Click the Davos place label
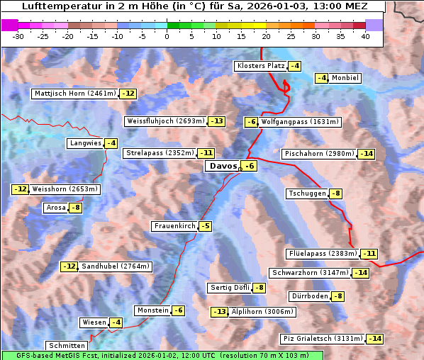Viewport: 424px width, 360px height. (x=223, y=167)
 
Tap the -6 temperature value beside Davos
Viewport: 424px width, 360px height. (x=248, y=167)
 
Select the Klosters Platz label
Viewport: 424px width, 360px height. (x=260, y=66)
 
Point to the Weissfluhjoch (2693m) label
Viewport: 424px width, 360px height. (x=166, y=121)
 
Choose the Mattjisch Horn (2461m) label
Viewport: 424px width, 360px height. (x=74, y=94)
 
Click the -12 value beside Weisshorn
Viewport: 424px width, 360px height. (x=20, y=189)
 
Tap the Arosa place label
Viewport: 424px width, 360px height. (x=55, y=208)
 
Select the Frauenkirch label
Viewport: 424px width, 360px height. (x=174, y=226)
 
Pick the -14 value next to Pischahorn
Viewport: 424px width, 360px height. (x=366, y=154)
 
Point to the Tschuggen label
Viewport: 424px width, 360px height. (x=307, y=193)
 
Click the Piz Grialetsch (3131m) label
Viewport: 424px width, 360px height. (x=323, y=339)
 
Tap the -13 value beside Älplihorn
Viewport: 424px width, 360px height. (x=220, y=312)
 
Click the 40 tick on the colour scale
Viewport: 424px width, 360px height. (x=365, y=37)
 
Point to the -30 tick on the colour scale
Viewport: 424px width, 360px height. (x=18, y=37)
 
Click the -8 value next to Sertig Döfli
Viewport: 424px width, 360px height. (x=259, y=288)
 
